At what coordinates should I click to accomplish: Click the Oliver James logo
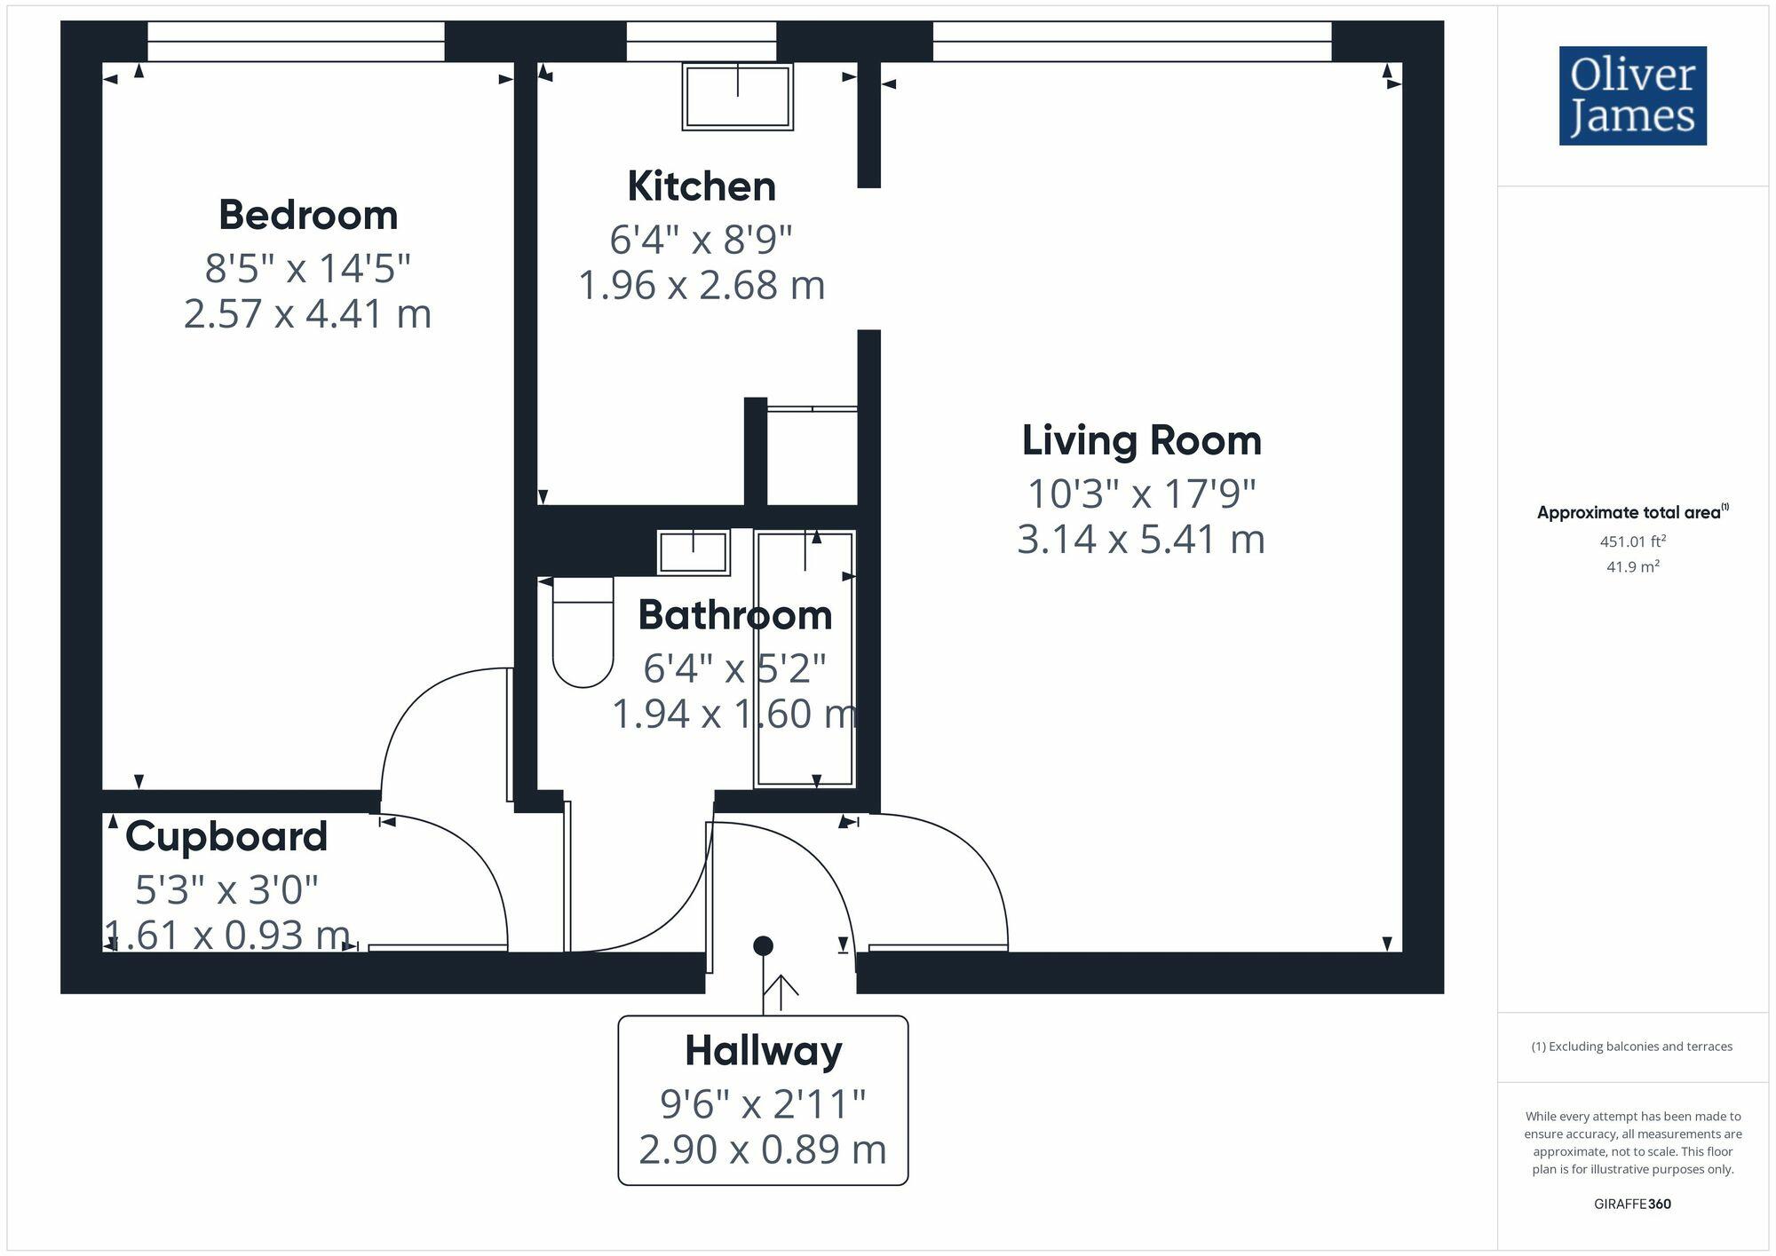[x=1632, y=96]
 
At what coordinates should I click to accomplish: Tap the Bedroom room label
[x=307, y=215]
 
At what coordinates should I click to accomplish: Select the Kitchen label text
[x=702, y=186]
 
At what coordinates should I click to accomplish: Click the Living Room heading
[x=1141, y=440]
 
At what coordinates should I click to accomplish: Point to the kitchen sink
[x=737, y=96]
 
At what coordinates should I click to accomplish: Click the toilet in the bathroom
[x=583, y=632]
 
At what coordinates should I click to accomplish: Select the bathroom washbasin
[x=693, y=552]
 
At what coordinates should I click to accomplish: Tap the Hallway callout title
[x=763, y=1051]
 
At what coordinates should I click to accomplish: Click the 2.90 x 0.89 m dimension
[x=763, y=1149]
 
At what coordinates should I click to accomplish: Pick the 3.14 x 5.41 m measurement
[x=1141, y=540]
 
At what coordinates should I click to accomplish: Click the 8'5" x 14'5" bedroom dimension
[x=307, y=267]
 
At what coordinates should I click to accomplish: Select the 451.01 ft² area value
[x=1632, y=541]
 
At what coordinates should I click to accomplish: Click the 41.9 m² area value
[x=1632, y=566]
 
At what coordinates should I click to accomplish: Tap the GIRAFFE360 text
[x=1632, y=1204]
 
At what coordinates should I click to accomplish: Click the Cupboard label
[x=226, y=836]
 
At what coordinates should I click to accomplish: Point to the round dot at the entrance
[x=763, y=946]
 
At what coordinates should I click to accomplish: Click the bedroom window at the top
[x=296, y=42]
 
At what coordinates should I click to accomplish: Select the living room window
[x=1131, y=42]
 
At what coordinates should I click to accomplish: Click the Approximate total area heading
[x=1632, y=512]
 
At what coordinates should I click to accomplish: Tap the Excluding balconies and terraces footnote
[x=1632, y=1047]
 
